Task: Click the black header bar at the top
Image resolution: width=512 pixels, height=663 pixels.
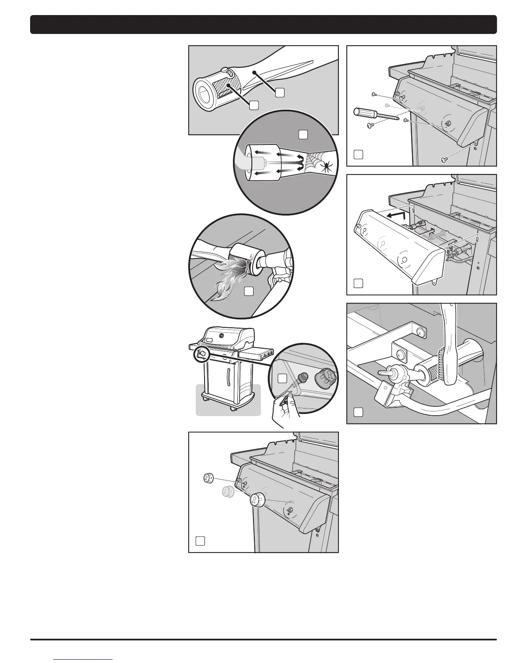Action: point(263,24)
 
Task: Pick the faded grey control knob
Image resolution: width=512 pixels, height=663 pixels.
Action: point(227,492)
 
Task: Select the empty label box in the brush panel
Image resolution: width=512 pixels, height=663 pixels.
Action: point(358,412)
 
